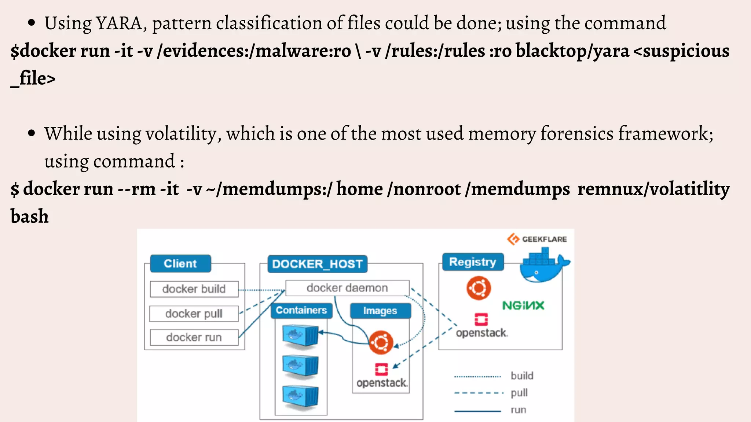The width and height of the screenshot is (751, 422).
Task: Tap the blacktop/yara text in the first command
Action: (x=572, y=51)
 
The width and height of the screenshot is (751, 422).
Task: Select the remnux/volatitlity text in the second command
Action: (x=653, y=189)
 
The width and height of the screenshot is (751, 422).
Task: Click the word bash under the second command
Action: (x=29, y=216)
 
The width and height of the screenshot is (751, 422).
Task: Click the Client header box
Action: (x=180, y=263)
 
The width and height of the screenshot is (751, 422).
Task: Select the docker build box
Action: (x=194, y=289)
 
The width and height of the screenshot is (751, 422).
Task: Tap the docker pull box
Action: (x=194, y=314)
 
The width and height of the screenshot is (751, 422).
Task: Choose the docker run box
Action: (x=194, y=337)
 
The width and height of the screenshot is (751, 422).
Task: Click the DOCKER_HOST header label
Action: (x=317, y=264)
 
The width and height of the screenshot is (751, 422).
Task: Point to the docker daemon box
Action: (x=347, y=288)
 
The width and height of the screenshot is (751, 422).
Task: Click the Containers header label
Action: (x=301, y=310)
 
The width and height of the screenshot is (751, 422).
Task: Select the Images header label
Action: (x=380, y=311)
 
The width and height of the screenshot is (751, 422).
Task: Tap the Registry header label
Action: (x=472, y=262)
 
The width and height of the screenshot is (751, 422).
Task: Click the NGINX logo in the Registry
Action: (x=523, y=306)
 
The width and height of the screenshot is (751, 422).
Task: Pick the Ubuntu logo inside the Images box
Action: (x=381, y=343)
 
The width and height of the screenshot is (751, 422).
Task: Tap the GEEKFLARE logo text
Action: (x=544, y=239)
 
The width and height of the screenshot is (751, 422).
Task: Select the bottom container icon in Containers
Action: (x=300, y=396)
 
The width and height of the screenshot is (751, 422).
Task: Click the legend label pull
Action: (x=519, y=393)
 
